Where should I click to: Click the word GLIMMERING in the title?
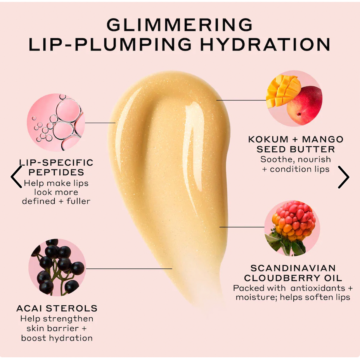tap(179, 25)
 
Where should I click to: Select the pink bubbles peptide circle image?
tap(56, 122)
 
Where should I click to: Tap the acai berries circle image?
tap(57, 267)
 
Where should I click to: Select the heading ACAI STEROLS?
tap(57, 308)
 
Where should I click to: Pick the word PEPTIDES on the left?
tap(56, 172)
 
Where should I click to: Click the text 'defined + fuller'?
tap(56, 201)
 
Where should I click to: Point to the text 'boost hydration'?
tap(57, 337)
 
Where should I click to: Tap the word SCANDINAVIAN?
tap(293, 268)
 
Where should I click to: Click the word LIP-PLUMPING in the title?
tap(110, 45)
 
